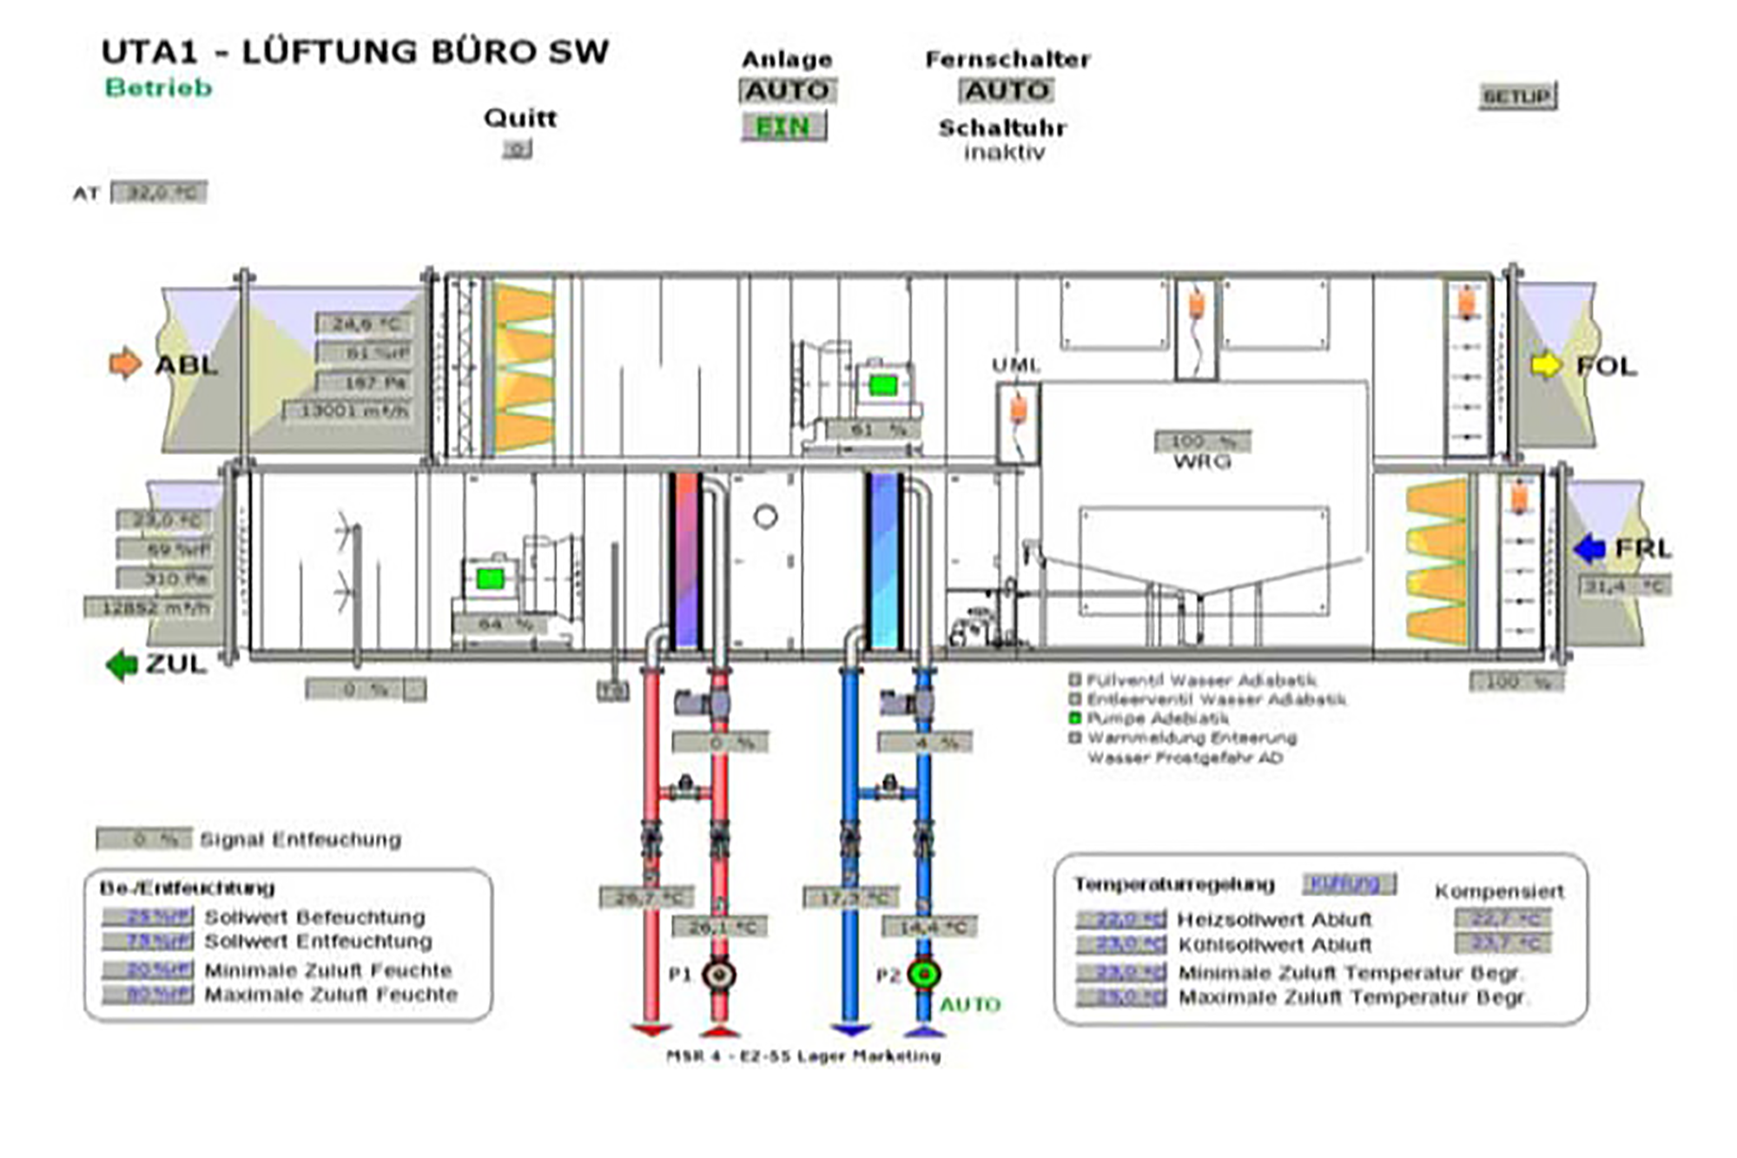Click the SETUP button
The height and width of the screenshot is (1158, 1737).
coord(1517,96)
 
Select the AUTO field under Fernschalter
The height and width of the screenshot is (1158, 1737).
coord(1007,90)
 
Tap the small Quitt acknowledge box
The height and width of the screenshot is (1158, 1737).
coord(518,149)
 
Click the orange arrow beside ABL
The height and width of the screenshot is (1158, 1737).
coord(125,363)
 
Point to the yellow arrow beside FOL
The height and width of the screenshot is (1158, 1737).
coord(1546,365)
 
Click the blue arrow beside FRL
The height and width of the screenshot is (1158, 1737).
coord(1589,548)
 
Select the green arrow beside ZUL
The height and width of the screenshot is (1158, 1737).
coord(122,665)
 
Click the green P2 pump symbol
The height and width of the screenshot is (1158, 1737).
coord(923,974)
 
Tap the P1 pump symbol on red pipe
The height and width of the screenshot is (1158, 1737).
coord(719,975)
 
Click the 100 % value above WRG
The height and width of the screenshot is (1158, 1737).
coord(1202,441)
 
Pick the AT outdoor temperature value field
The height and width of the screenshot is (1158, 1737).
coord(159,193)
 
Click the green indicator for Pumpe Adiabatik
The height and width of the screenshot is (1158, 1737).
coord(1074,718)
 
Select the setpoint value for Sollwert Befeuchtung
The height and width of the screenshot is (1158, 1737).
coord(148,917)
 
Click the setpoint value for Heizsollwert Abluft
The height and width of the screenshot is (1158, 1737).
coord(1121,919)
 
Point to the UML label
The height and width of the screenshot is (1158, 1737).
coord(1015,366)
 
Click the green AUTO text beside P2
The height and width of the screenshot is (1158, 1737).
coord(970,1005)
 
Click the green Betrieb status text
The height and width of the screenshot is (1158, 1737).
coord(159,88)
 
